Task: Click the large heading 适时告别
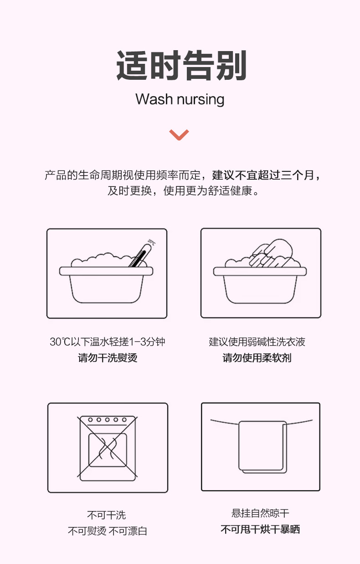pyautogui.click(x=181, y=65)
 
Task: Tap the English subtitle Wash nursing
pyautogui.click(x=180, y=99)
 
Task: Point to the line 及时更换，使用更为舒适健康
pyautogui.click(x=183, y=191)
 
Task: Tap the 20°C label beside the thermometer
pyautogui.click(x=152, y=242)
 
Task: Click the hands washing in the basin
pyautogui.click(x=271, y=253)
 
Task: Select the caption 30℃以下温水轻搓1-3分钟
pyautogui.click(x=108, y=342)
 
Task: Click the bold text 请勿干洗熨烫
pyautogui.click(x=108, y=358)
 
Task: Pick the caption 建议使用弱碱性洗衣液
pyautogui.click(x=257, y=342)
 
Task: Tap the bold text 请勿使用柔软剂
pyautogui.click(x=257, y=358)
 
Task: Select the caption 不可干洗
pyautogui.click(x=107, y=515)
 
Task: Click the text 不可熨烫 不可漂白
pyautogui.click(x=108, y=531)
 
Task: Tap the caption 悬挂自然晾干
pyautogui.click(x=260, y=513)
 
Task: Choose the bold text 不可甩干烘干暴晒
pyautogui.click(x=260, y=529)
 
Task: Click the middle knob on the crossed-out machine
pyautogui.click(x=108, y=420)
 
